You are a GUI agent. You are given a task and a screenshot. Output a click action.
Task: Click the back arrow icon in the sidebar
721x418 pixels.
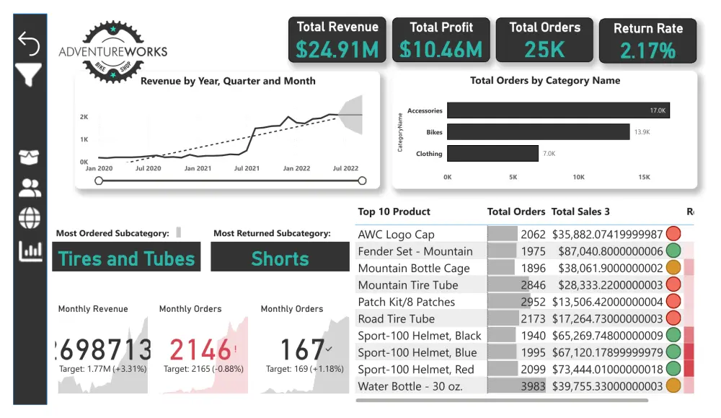click(29, 43)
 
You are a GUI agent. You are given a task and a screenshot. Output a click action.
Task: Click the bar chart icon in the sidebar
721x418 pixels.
click(30, 251)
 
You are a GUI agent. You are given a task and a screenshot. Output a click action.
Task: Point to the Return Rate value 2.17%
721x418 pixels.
click(647, 51)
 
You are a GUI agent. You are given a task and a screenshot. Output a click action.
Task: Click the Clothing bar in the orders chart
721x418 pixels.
click(492, 153)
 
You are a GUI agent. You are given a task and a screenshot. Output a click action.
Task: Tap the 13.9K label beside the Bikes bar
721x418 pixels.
click(642, 132)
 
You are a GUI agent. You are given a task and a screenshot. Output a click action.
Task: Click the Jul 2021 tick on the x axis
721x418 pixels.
click(247, 168)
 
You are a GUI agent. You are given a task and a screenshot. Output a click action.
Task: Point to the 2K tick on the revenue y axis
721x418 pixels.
click(84, 117)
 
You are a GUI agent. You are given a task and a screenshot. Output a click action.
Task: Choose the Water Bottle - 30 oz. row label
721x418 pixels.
click(410, 386)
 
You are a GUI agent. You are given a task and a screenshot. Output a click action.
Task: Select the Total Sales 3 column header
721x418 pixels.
click(580, 212)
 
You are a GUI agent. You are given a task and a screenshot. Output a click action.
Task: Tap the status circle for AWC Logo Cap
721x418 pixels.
click(673, 234)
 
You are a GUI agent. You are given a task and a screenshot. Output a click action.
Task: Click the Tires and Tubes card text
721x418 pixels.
click(126, 258)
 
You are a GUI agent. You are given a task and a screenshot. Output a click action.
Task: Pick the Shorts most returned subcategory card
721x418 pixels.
click(280, 258)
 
